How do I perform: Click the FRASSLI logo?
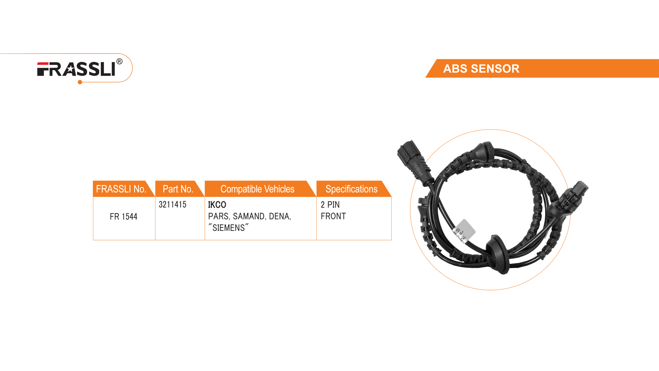(76, 69)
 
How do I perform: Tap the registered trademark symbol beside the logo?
(119, 62)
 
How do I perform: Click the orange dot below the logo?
(80, 82)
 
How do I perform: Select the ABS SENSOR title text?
(481, 69)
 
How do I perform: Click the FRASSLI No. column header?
(121, 189)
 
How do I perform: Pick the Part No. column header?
(178, 189)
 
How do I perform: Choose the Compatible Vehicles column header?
(257, 189)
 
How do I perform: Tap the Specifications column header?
(351, 189)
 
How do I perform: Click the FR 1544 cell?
(124, 217)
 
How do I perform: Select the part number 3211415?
(172, 205)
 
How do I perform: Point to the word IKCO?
(217, 205)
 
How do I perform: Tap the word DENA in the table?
(279, 216)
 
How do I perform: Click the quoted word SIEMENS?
(229, 228)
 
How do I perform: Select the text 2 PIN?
(330, 205)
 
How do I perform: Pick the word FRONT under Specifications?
(333, 216)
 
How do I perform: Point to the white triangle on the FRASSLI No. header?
(150, 184)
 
